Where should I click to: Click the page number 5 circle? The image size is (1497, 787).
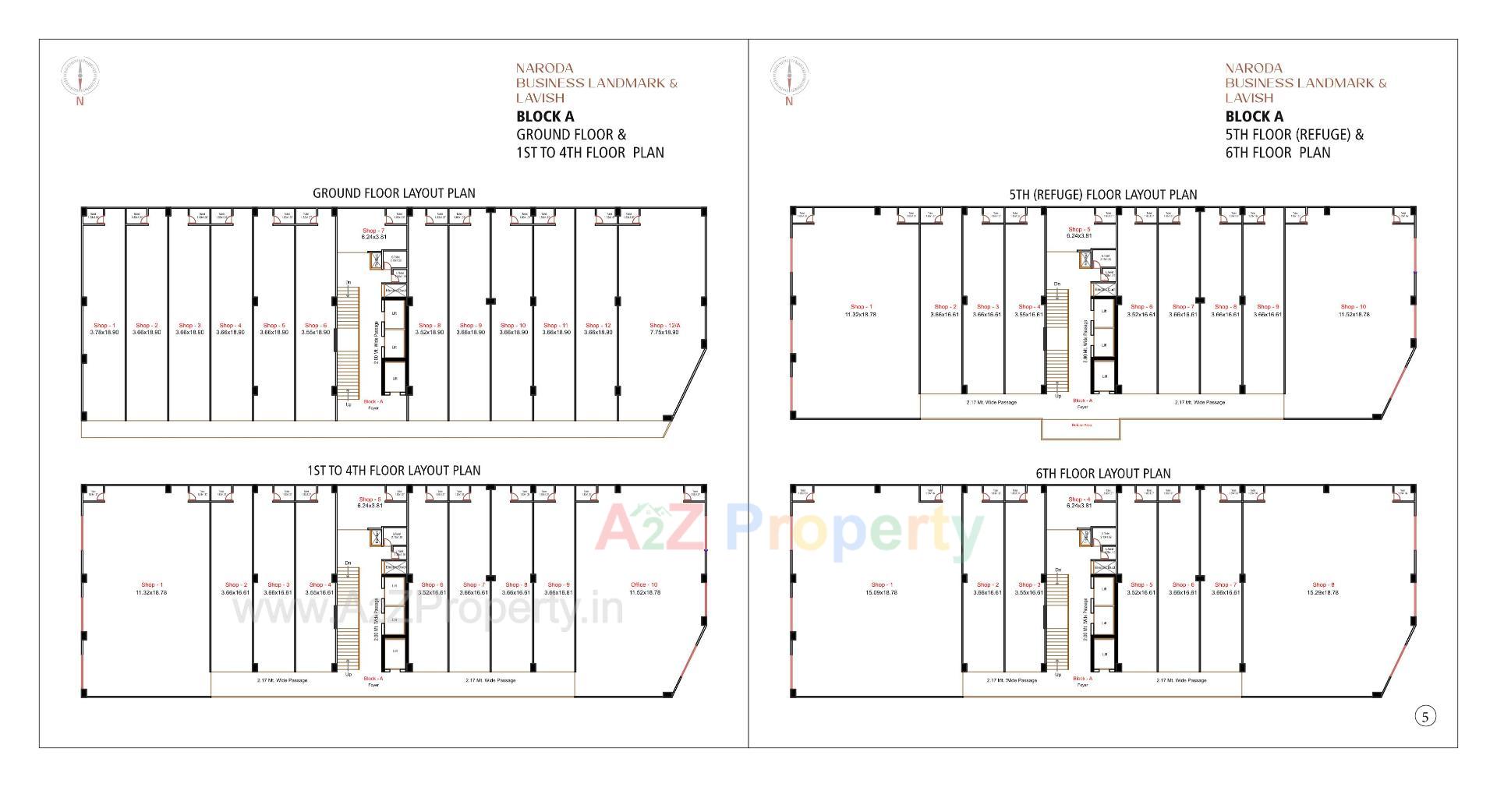(x=1424, y=717)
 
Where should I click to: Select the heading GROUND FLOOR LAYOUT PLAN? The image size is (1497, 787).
(x=394, y=193)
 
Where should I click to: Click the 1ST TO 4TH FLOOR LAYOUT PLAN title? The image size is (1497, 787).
(x=394, y=471)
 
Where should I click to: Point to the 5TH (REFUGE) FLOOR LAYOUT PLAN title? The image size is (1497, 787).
(x=1102, y=195)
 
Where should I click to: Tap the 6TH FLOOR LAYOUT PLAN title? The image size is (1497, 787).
(x=1102, y=474)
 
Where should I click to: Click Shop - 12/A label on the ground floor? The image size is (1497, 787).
(x=664, y=326)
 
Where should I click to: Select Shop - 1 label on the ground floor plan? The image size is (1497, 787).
(x=104, y=326)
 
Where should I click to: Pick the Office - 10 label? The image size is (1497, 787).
(x=644, y=584)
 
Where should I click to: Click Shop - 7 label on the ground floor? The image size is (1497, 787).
(x=373, y=231)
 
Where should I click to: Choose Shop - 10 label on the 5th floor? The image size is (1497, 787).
(x=1353, y=307)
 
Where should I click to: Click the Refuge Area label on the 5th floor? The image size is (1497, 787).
(x=1081, y=425)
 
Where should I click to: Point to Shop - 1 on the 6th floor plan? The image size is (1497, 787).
(x=881, y=584)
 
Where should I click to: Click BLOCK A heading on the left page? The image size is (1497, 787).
(x=545, y=117)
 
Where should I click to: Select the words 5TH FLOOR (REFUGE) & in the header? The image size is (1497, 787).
(x=1294, y=135)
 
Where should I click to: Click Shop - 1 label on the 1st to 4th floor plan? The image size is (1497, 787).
(x=151, y=584)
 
